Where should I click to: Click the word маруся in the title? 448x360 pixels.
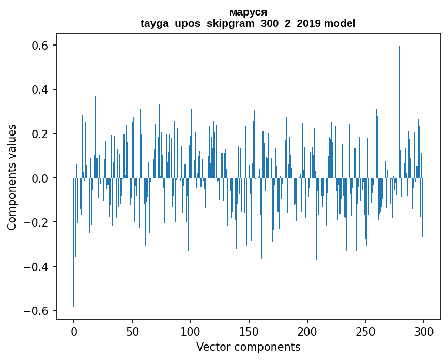[248, 12]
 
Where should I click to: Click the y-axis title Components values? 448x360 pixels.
[12, 177]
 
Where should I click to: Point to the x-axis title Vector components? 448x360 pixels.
[248, 347]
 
